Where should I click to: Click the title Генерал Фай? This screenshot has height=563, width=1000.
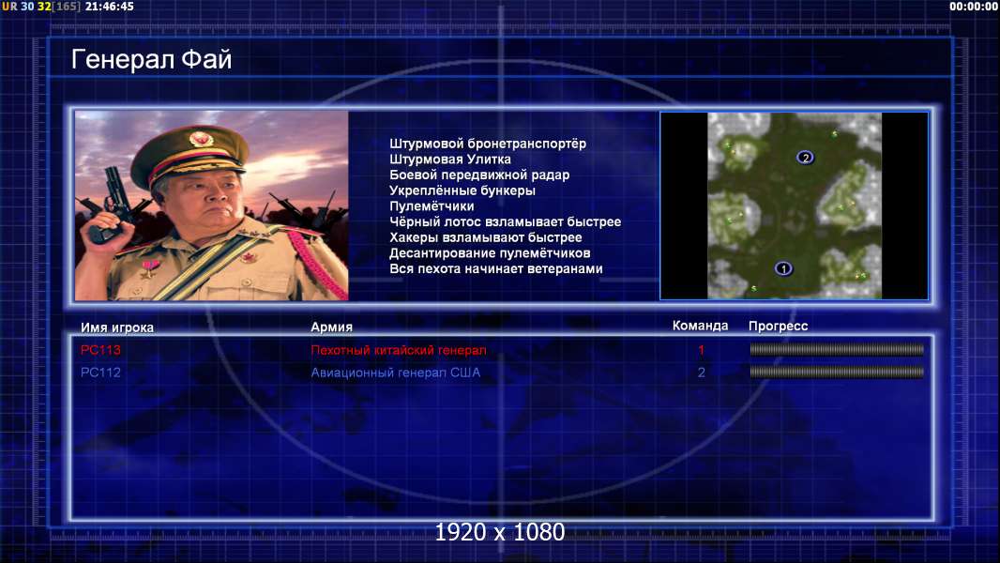pos(151,59)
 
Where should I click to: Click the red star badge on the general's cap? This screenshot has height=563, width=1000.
pos(201,139)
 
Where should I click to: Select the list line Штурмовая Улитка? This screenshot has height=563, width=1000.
pos(450,160)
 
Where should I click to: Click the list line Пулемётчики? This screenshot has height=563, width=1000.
pos(432,205)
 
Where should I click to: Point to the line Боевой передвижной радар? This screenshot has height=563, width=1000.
pos(479,175)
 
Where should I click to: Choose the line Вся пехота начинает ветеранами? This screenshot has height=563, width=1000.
pos(496,268)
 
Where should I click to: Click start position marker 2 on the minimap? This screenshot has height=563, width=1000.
pos(805,158)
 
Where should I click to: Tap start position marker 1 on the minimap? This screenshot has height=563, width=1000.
pos(783,268)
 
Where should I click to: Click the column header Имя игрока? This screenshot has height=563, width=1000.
pos(116,327)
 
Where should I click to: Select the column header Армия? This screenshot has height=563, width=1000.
pos(332,327)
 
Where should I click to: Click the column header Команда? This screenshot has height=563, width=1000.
pos(700,326)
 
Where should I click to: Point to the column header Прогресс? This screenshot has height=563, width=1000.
pos(778,327)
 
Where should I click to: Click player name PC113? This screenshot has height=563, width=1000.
pos(100,350)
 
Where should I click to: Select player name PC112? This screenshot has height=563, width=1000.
pos(100,373)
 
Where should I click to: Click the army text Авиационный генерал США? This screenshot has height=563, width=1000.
pos(396,373)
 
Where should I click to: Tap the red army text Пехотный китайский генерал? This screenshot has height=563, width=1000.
pos(399,350)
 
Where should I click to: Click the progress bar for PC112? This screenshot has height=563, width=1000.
pos(837,372)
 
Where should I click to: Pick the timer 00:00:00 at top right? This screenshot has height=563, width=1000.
pos(973,7)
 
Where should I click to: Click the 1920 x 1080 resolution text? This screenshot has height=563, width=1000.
pos(500,532)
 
